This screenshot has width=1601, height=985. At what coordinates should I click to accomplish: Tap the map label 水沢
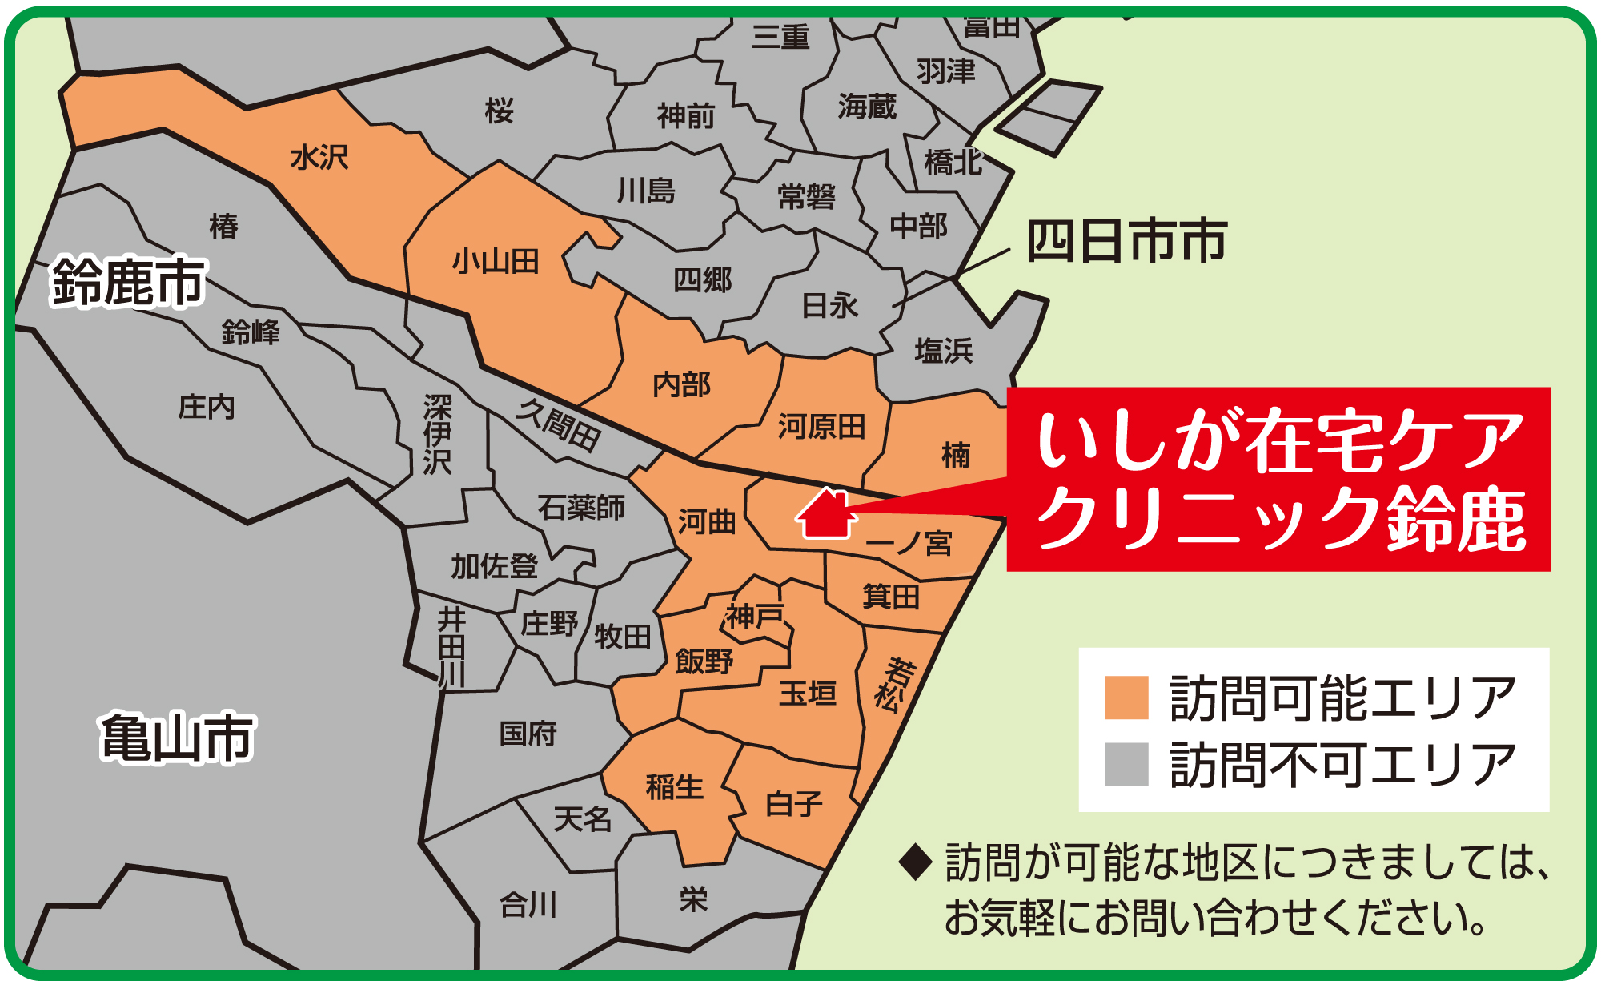[319, 158]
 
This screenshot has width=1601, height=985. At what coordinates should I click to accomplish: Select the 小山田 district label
[496, 262]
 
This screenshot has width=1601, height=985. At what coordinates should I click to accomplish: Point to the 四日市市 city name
[1126, 241]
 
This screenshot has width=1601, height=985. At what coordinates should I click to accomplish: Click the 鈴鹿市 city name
[128, 282]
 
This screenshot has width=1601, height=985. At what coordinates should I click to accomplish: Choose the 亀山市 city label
[177, 738]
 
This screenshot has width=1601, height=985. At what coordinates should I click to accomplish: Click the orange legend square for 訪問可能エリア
[1126, 698]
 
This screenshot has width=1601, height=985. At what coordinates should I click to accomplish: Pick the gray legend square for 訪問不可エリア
[1126, 764]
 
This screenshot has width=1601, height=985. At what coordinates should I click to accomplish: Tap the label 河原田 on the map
[822, 427]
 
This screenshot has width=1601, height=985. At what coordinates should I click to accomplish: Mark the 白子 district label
[793, 803]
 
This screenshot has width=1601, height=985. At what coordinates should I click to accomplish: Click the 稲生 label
[675, 787]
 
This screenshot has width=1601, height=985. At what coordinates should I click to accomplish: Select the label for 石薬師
[580, 508]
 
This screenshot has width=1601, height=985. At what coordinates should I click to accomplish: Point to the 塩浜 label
[944, 351]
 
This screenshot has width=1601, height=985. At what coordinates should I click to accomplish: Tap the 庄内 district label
[207, 407]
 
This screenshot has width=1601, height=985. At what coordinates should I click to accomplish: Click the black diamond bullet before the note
[916, 862]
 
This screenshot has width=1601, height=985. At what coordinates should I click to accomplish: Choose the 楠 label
[956, 455]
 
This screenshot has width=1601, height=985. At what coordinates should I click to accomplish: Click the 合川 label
[528, 906]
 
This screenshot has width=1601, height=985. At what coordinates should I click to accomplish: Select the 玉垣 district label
[808, 694]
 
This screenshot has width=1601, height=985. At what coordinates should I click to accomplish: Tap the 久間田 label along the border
[558, 425]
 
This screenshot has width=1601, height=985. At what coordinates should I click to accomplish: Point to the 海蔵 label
[867, 107]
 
